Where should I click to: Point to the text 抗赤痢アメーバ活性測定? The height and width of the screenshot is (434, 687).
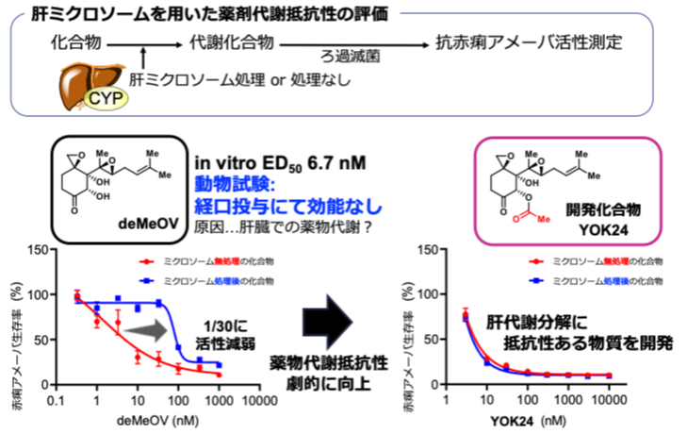pos(529,42)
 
